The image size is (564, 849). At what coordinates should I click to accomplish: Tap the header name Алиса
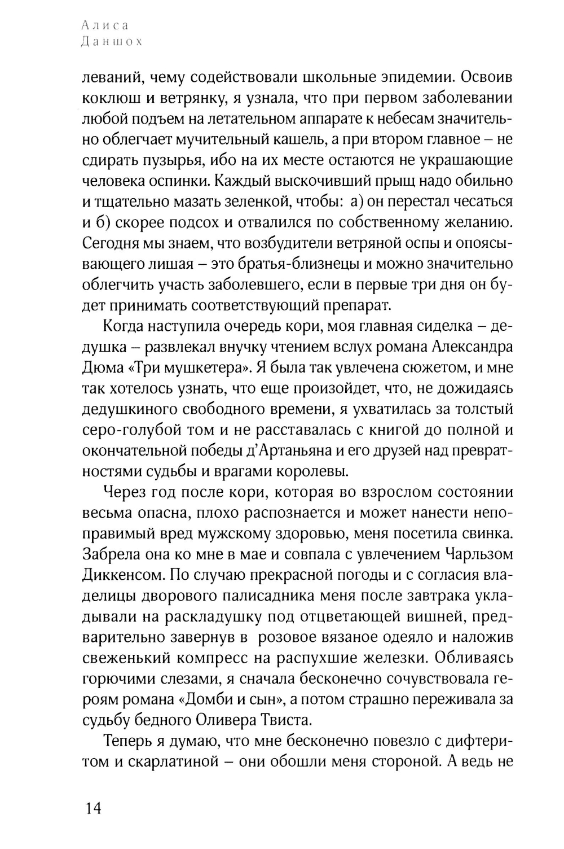pyautogui.click(x=105, y=25)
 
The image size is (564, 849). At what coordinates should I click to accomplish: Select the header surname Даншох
pyautogui.click(x=112, y=42)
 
